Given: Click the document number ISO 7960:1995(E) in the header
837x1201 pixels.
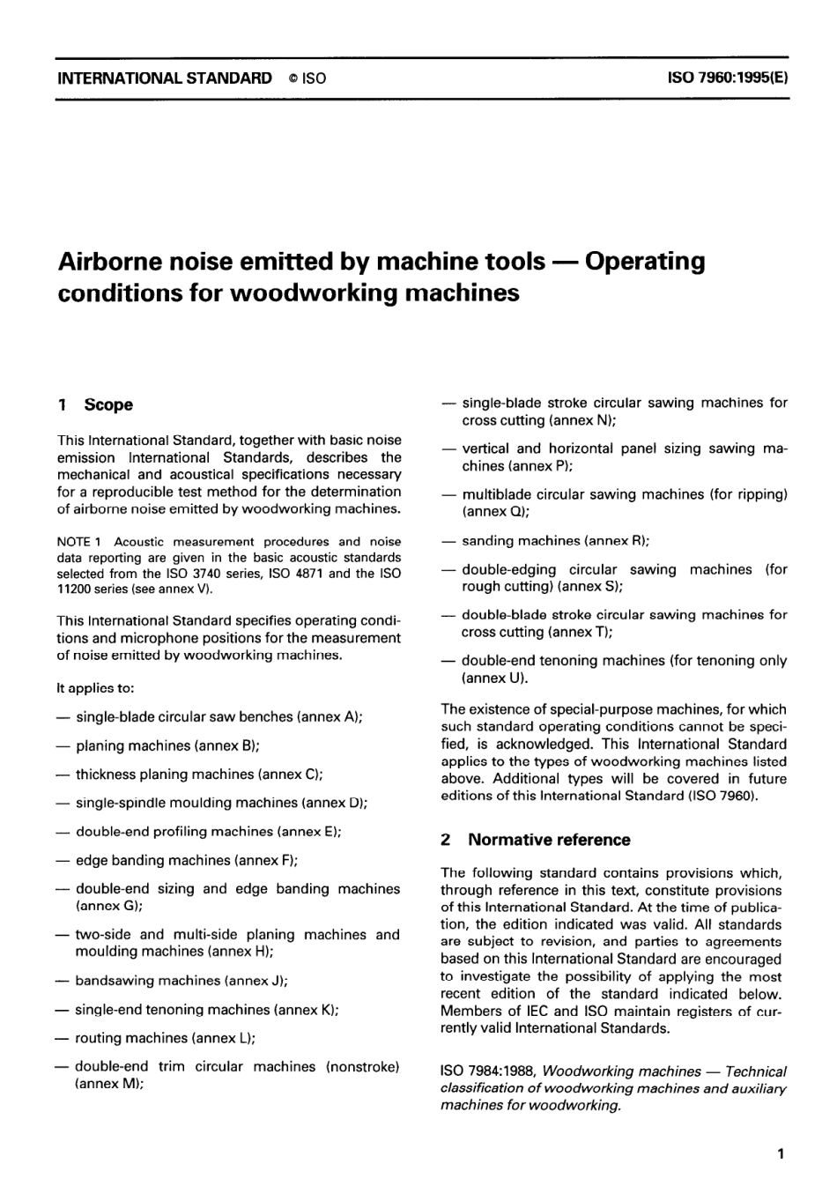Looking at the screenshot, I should [x=728, y=78].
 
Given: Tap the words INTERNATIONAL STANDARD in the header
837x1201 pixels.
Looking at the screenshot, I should [x=165, y=78].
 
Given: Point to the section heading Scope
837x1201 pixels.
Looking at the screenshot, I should [x=108, y=405].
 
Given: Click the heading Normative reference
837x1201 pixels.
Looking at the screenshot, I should [x=549, y=840].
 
